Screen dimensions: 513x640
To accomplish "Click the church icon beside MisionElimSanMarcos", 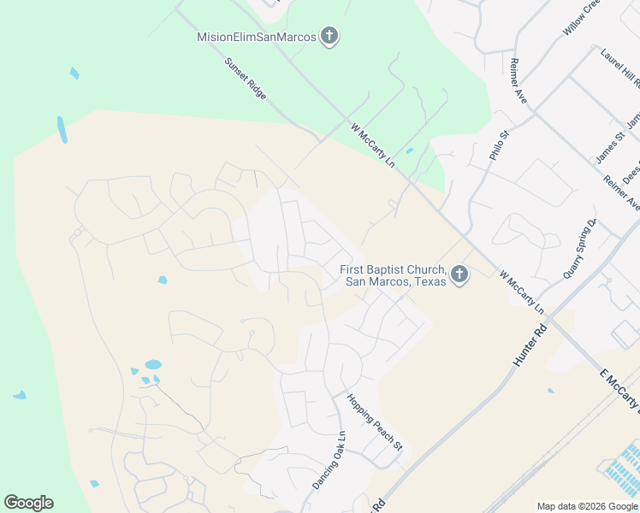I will [329, 37].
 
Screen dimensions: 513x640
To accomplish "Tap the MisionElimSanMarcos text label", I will [257, 37].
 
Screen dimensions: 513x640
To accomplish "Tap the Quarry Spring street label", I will [578, 249].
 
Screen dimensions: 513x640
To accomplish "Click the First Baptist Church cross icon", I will [459, 275].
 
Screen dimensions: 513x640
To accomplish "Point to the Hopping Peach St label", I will [374, 421].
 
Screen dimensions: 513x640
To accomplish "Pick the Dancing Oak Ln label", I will [329, 459].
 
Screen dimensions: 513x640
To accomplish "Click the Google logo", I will [28, 503].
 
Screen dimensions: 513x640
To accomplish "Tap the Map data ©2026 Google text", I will [587, 506].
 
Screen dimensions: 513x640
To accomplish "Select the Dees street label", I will [631, 175].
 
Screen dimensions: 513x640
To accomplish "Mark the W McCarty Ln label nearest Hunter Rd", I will [522, 291].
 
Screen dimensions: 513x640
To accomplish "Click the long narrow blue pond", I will [62, 129].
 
